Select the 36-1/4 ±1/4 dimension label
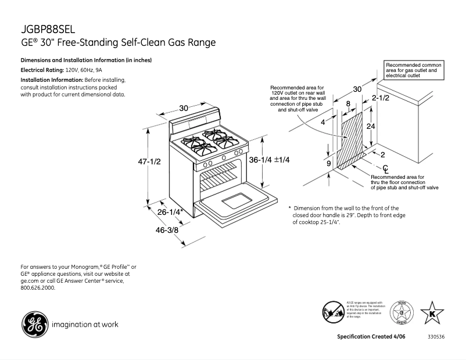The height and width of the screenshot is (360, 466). [x=269, y=160]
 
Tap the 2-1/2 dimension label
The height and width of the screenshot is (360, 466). [x=381, y=99]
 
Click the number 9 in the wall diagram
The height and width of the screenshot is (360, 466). [x=328, y=164]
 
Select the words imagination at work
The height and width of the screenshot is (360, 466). [x=85, y=325]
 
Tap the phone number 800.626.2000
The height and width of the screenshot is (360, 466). [x=38, y=288]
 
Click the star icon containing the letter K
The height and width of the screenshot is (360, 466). [x=432, y=312]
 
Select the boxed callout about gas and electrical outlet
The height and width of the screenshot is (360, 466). [x=415, y=70]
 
